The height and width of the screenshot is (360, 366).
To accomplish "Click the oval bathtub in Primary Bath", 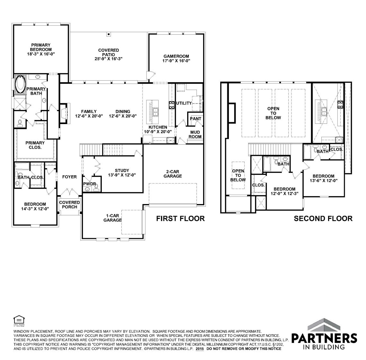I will coord(21,84).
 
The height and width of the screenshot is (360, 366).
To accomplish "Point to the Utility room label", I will coord(184,103).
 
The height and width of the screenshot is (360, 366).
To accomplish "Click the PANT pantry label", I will coord(196,119).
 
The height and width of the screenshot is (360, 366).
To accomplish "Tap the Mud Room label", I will coord(195,134).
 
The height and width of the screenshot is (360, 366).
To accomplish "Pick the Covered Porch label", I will coord(69,204).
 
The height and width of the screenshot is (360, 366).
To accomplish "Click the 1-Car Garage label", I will coord(112,218).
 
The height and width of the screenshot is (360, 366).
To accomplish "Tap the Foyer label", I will coord(69,177).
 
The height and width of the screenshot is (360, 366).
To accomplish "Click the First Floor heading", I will coord(180,219).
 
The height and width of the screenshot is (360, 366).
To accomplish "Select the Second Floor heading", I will coord(323,219).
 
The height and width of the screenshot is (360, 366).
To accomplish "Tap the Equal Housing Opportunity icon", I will coord(18,319).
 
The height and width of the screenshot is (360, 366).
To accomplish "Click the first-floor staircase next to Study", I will coord(102,149).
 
